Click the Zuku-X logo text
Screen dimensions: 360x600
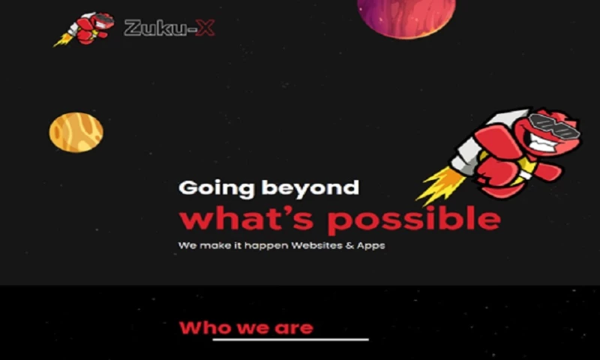[x=168, y=28]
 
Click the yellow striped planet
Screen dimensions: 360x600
[x=76, y=133]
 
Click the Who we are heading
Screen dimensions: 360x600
[x=246, y=328]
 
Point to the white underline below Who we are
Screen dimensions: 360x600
[x=290, y=340]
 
